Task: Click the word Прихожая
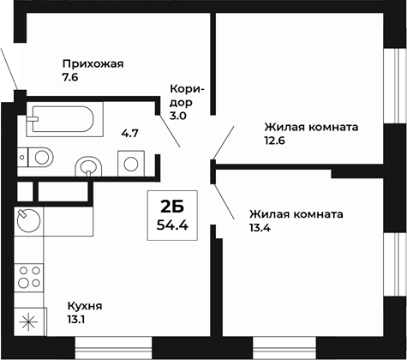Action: (93, 63)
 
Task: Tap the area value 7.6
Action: (70, 77)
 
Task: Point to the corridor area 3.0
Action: (178, 115)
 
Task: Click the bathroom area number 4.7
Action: (129, 132)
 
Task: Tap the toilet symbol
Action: (38, 157)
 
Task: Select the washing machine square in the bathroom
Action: (130, 163)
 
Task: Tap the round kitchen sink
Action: (28, 219)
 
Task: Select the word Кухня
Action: (84, 306)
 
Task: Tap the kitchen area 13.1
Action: (77, 321)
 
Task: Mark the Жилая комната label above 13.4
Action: (296, 213)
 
